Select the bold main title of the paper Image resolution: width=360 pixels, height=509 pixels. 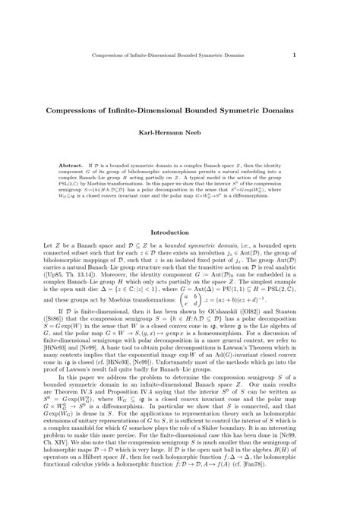[180, 109]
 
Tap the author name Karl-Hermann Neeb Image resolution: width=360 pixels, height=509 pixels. [180, 132]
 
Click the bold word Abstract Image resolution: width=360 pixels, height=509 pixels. [72, 163]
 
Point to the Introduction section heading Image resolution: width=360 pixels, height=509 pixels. [180, 232]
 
